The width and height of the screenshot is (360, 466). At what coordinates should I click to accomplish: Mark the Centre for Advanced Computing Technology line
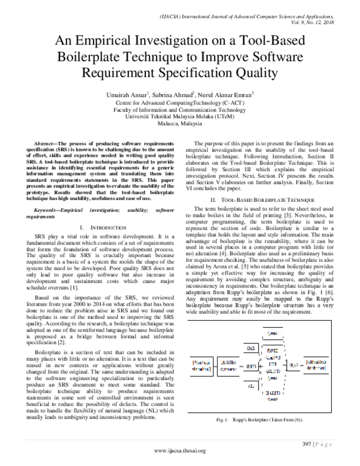pyautogui.click(x=180, y=102)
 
